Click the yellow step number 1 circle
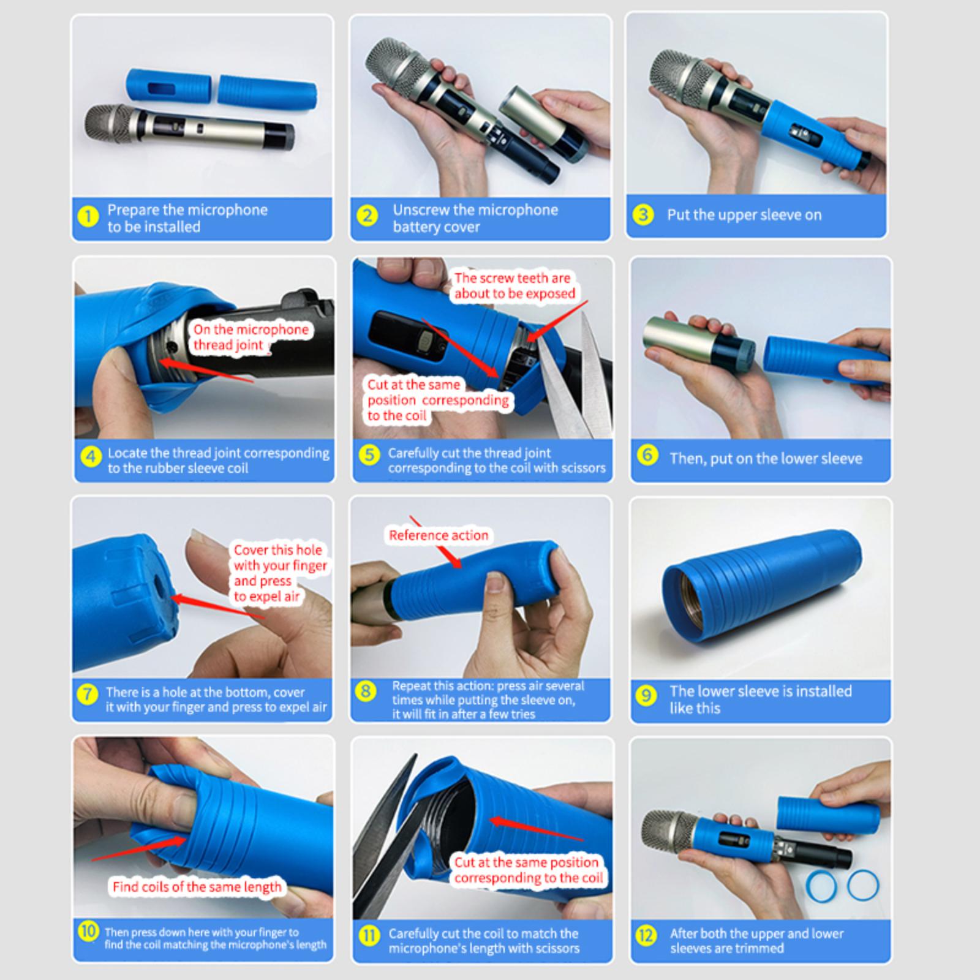tap(89, 217)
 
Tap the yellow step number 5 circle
tap(369, 455)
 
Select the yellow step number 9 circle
tap(646, 696)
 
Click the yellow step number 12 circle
tap(646, 935)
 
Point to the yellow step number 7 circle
tap(88, 695)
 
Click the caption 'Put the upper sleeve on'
tap(744, 215)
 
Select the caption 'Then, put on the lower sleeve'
tap(766, 458)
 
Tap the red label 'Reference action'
tap(439, 535)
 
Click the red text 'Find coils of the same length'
tap(197, 886)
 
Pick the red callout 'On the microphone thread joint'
tap(251, 337)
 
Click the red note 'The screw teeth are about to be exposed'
tap(514, 286)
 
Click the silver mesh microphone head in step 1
tap(111, 124)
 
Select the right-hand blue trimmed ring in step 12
tap(863, 884)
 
